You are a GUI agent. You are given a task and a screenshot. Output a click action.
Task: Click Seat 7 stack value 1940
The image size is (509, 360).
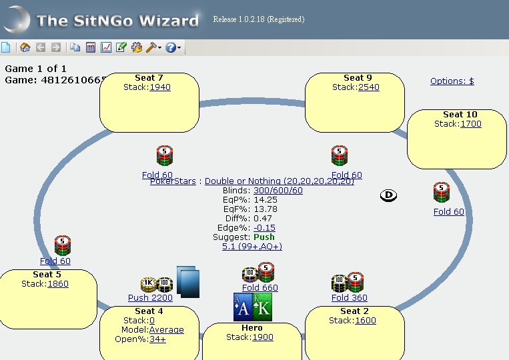pyautogui.click(x=159, y=87)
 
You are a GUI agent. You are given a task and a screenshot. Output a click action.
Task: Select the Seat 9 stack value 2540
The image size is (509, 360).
pyautogui.click(x=368, y=87)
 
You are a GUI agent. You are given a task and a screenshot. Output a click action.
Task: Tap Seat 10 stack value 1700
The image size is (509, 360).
pyautogui.click(x=470, y=123)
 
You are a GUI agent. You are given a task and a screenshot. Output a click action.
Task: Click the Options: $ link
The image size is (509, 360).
pyautogui.click(x=452, y=81)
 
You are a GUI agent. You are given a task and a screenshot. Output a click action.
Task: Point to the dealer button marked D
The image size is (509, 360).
pyautogui.click(x=389, y=195)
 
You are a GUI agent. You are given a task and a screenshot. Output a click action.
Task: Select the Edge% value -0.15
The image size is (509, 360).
pyautogui.click(x=264, y=227)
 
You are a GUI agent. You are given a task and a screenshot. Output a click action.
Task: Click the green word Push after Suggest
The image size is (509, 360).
pyautogui.click(x=264, y=237)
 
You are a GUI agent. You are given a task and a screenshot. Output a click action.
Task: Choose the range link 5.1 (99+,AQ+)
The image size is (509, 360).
pyautogui.click(x=251, y=246)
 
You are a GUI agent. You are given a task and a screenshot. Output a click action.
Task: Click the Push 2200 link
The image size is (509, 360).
pyautogui.click(x=150, y=298)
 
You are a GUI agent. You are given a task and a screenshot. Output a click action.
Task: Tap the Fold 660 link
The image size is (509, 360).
pyautogui.click(x=260, y=288)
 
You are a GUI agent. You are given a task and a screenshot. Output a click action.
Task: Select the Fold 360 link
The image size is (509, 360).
pyautogui.click(x=349, y=298)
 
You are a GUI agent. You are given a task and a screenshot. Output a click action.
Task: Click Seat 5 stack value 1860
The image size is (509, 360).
pyautogui.click(x=57, y=283)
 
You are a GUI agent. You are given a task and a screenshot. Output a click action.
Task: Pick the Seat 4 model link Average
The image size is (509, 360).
pyautogui.click(x=166, y=329)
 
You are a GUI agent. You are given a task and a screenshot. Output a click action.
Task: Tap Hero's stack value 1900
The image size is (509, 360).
pyautogui.click(x=262, y=337)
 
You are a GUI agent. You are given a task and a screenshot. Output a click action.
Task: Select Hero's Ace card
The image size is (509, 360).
pyautogui.click(x=243, y=307)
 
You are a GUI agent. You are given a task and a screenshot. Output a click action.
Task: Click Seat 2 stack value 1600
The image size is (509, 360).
pyautogui.click(x=366, y=320)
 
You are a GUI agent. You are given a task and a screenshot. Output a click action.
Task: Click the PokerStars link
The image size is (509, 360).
pyautogui.click(x=174, y=181)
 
